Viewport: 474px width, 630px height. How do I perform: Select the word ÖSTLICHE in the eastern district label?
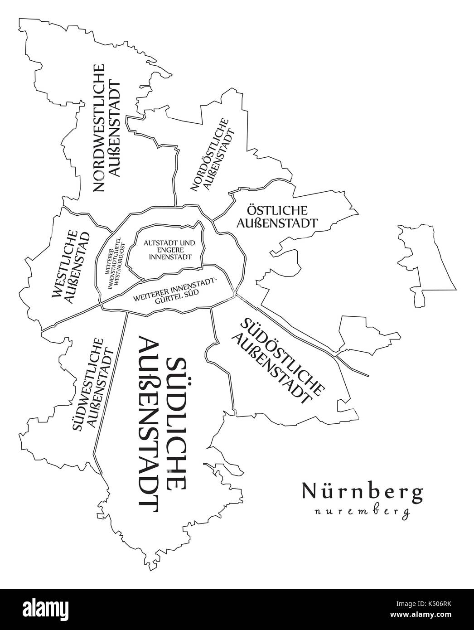(x=277, y=210)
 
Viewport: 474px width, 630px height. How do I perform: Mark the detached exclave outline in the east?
(x=426, y=263)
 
